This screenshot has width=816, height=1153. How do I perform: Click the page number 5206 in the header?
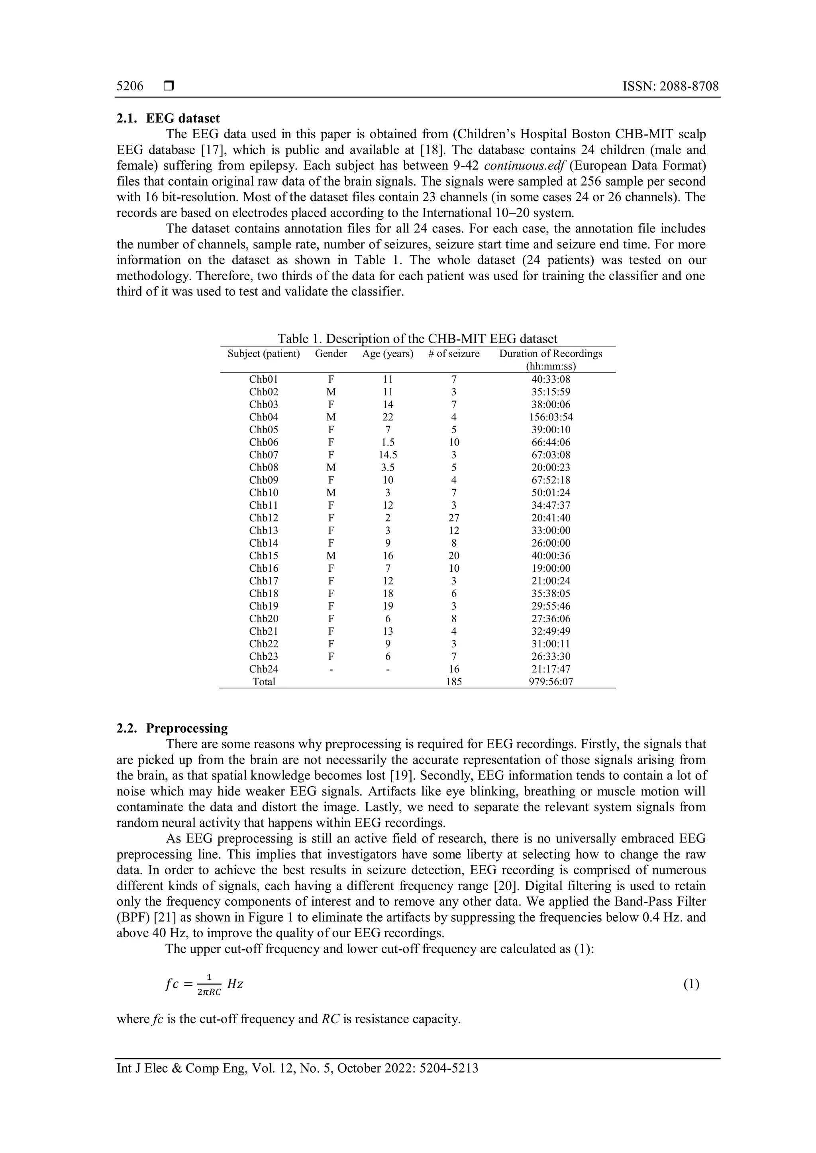(129, 86)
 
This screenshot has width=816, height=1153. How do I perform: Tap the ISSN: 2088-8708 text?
(670, 86)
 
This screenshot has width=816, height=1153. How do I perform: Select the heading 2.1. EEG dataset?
(168, 119)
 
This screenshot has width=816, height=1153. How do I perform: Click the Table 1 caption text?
(417, 338)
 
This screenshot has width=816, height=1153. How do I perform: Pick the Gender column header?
(331, 354)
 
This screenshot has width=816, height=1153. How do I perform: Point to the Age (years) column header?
(387, 354)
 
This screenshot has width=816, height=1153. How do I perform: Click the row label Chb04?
(263, 417)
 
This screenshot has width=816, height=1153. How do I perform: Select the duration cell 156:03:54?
(551, 417)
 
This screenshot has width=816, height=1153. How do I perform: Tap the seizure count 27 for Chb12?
(454, 518)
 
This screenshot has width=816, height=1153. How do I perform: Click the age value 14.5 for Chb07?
(387, 455)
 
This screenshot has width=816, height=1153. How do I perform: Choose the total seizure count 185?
(454, 682)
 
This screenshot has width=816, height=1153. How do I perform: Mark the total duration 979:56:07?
(551, 682)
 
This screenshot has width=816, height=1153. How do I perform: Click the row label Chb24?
(263, 669)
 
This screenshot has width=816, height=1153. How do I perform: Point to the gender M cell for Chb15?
(331, 556)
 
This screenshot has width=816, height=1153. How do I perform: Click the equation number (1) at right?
(691, 984)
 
